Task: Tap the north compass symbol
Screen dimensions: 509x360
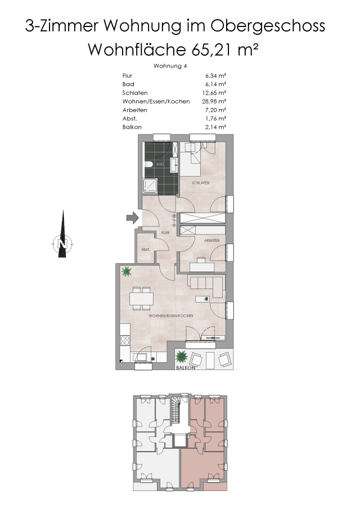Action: pyautogui.click(x=62, y=244)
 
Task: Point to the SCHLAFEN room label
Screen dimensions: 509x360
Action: pyautogui.click(x=201, y=183)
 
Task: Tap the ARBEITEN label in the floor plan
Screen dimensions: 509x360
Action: pyautogui.click(x=211, y=241)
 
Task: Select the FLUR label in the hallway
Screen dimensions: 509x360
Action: pyautogui.click(x=165, y=232)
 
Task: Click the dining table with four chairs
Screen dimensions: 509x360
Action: pyautogui.click(x=141, y=298)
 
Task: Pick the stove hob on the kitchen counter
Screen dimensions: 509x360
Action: pyautogui.click(x=124, y=340)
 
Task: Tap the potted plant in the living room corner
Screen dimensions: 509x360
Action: pyautogui.click(x=127, y=272)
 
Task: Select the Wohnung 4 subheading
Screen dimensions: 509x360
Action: pyautogui.click(x=170, y=66)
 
